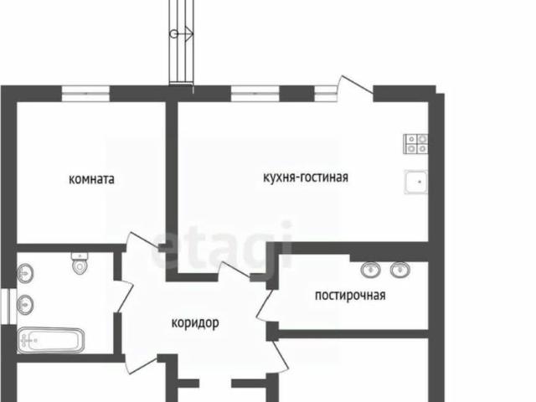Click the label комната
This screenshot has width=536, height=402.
pos(91,179)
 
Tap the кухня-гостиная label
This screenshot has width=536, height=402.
pos(305,177)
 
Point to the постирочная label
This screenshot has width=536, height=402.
pos(350,294)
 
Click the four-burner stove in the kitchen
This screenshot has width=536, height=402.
pos(416,144)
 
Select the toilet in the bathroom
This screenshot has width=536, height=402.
pos(80,264)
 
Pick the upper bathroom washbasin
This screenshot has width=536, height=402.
pos(26,273)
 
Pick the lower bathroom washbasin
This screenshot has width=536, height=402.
pos(26,304)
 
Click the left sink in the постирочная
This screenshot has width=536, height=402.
pos(369,270)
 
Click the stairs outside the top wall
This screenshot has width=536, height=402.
pos(179,38)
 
